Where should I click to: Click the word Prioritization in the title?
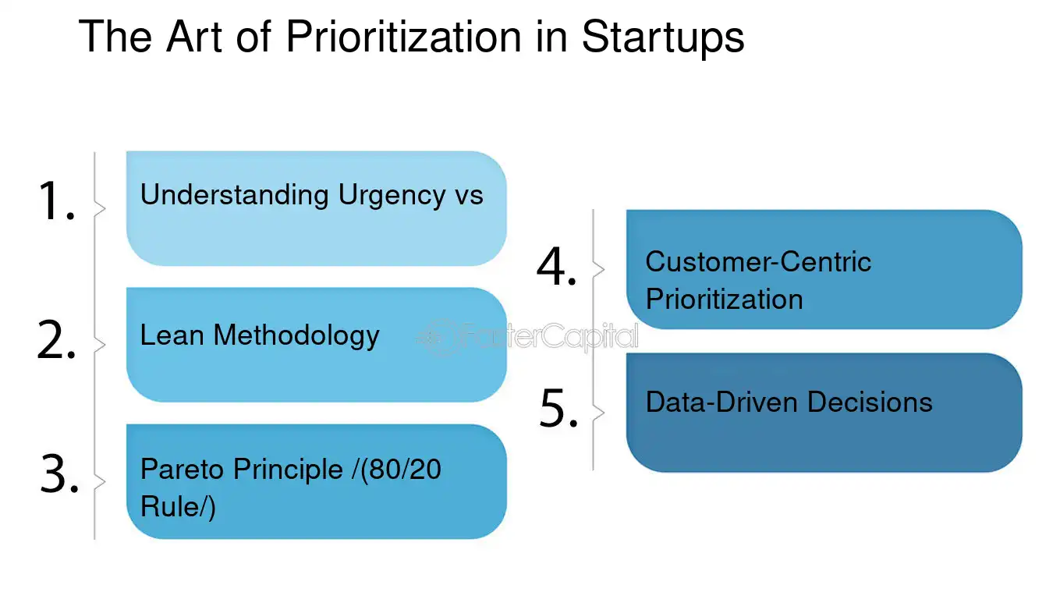point(395,37)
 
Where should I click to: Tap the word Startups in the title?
point(662,37)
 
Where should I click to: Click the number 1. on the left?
point(56,201)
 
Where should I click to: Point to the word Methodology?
point(296,336)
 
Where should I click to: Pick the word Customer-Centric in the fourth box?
point(757,261)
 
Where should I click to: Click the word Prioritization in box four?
point(724,300)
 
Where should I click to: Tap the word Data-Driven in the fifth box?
point(722,402)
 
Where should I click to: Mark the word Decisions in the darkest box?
point(870,402)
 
